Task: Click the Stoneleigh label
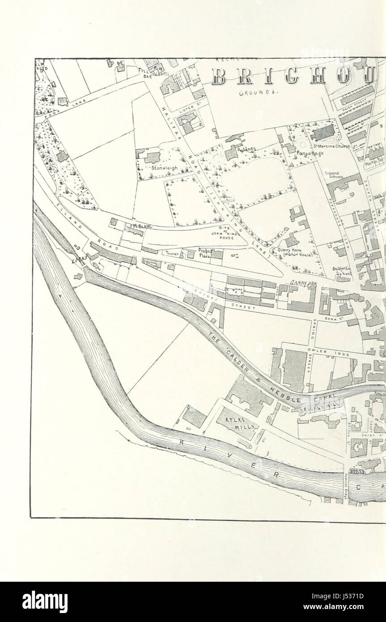click(x=164, y=168)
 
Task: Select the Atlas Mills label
click(x=236, y=422)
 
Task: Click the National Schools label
click(x=335, y=175)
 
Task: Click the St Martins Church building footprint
click(x=323, y=132)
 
